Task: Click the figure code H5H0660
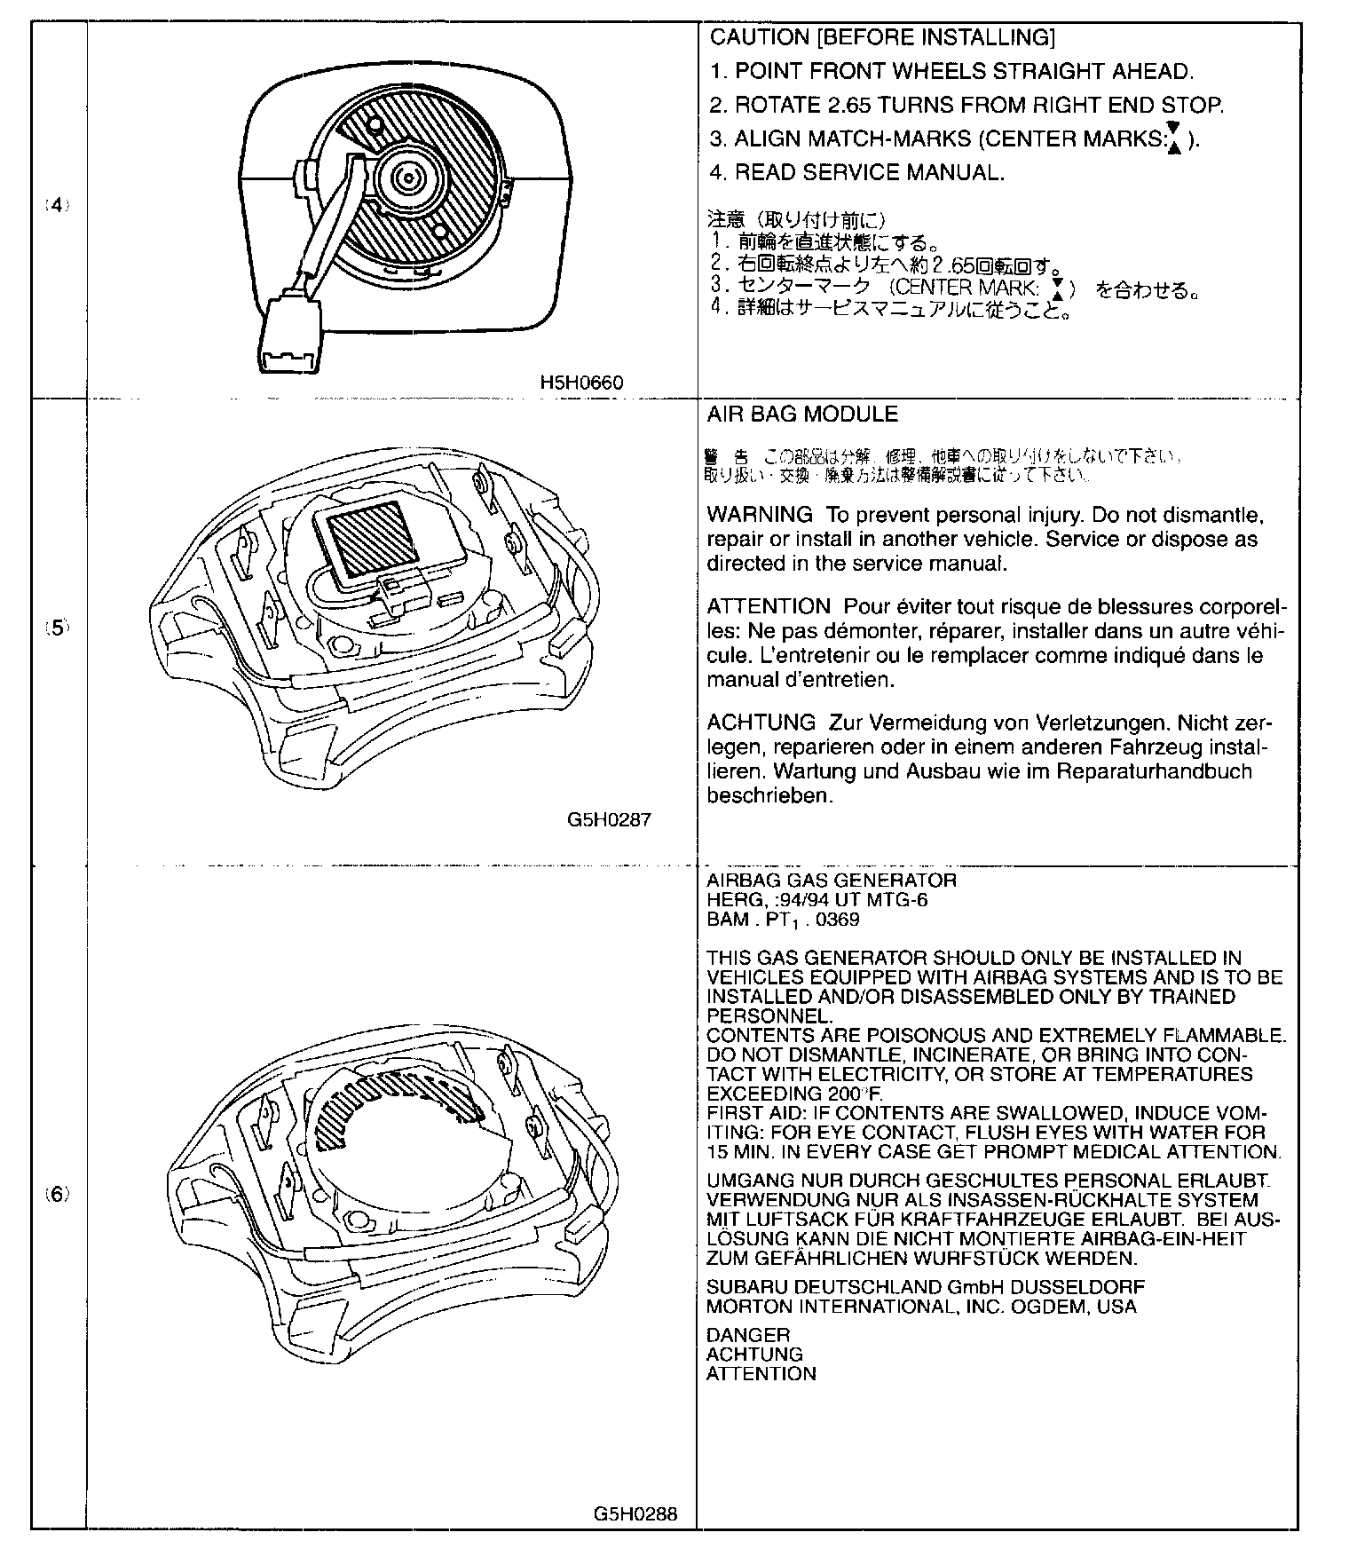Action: [x=581, y=383]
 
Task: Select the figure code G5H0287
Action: [x=609, y=819]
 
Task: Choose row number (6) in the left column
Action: [x=57, y=1194]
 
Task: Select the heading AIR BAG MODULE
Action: [x=802, y=415]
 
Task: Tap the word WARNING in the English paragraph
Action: [x=760, y=515]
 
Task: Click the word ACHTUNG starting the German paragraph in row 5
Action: [x=761, y=723]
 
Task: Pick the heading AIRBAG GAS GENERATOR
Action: [x=832, y=881]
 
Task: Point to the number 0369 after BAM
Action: [x=839, y=920]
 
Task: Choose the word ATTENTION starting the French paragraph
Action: [x=768, y=607]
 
